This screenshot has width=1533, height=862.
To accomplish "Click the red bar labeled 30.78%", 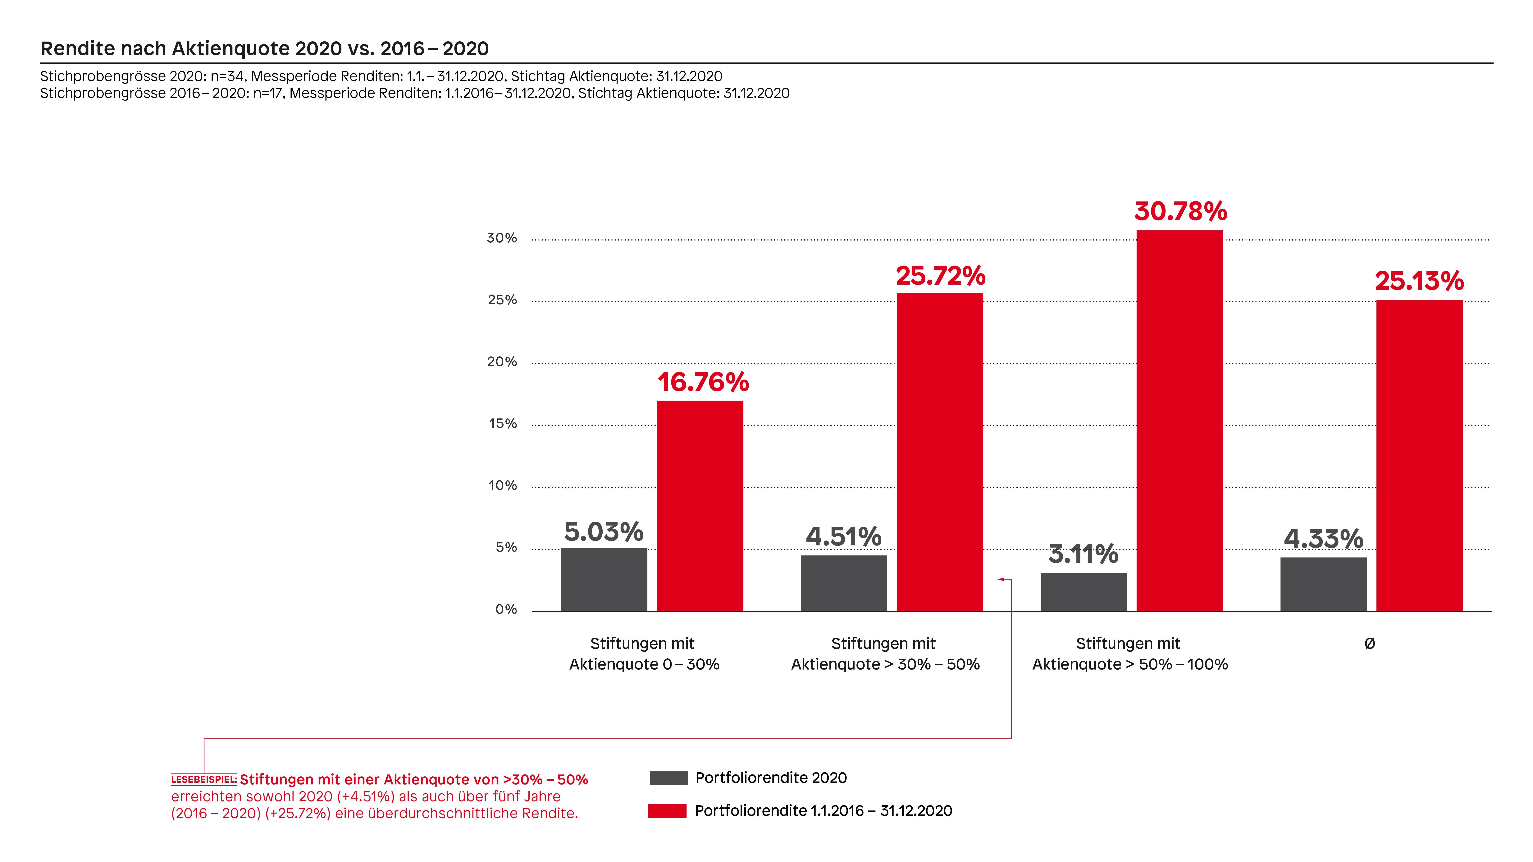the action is pos(1179,421).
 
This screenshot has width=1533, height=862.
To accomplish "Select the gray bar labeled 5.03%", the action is pos(604,580).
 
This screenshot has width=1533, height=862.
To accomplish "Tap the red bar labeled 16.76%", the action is pos(700,506).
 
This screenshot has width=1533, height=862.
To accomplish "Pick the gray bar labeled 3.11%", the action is pos(1084,592).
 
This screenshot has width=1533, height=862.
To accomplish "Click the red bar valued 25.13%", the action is pos(1419,456).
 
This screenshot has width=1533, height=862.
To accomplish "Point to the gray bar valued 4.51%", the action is pos(844,583).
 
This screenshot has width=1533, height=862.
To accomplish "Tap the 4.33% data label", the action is pos(1324,539).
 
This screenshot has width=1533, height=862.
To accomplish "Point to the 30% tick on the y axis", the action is pos(502,238).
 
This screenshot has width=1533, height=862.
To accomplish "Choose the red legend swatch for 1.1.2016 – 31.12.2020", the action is pos(667,811).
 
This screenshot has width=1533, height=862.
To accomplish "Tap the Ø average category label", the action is pos(1369,643).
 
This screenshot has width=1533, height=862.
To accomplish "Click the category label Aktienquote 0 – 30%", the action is pos(644,664).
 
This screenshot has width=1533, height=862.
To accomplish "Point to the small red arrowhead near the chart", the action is pos(1001,579).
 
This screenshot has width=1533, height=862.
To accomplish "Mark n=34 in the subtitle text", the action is pos(227,76).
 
